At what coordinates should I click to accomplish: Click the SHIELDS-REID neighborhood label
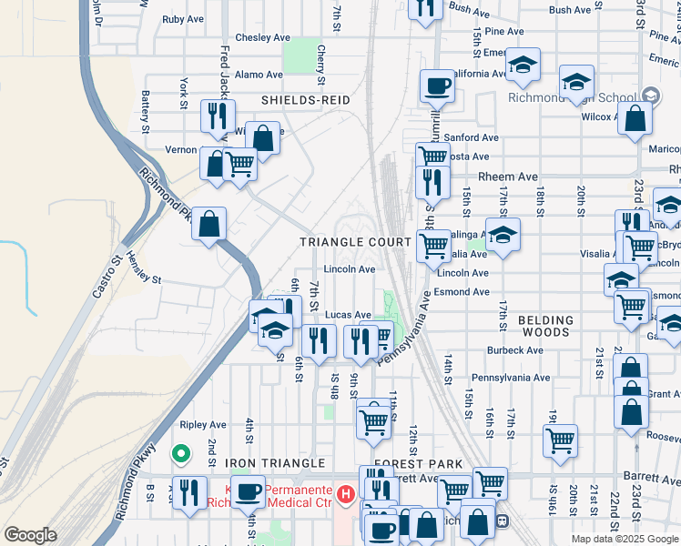305,99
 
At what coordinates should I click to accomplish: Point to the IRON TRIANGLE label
275,463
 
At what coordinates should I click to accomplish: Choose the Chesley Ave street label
262,38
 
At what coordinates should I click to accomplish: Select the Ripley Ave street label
203,425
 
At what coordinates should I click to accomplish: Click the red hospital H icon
345,495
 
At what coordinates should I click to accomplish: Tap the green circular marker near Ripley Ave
181,452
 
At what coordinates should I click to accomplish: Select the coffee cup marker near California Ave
437,86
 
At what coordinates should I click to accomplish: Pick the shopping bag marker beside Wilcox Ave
635,118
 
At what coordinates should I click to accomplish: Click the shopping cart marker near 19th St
560,440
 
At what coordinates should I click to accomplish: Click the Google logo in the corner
30,535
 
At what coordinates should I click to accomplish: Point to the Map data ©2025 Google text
624,539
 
